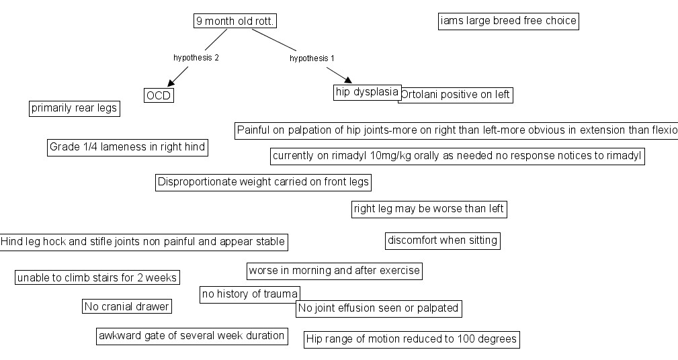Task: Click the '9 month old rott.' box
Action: [235, 21]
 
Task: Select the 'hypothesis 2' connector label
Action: [196, 58]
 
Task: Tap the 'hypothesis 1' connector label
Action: [312, 58]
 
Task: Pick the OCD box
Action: [159, 95]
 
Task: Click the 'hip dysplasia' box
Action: [367, 92]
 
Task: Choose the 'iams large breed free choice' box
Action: [508, 21]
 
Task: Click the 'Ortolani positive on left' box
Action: [456, 95]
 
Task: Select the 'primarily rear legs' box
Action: [75, 108]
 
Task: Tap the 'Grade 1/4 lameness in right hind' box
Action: [127, 147]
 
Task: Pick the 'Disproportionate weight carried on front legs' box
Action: [263, 182]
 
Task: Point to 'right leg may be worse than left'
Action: [429, 209]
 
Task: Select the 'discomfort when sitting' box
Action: [443, 240]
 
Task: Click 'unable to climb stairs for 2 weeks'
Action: [97, 277]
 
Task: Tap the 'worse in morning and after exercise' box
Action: [334, 271]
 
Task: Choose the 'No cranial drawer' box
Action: [127, 307]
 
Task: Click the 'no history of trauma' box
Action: [249, 294]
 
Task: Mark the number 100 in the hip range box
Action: [467, 339]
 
